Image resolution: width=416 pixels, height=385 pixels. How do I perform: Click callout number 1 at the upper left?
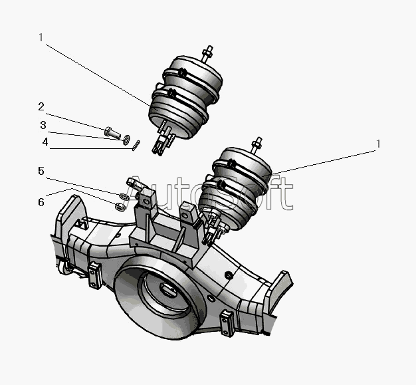(41, 38)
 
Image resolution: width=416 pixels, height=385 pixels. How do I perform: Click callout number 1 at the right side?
(378, 144)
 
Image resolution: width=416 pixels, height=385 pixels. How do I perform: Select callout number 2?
(41, 106)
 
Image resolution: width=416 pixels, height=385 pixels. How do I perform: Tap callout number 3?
(43, 125)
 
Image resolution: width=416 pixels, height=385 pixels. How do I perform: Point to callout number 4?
(45, 142)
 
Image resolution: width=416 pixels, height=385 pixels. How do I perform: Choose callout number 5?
(41, 172)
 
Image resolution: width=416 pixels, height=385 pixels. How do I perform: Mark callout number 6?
(41, 201)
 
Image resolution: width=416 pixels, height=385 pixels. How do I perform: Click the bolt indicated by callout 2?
(111, 130)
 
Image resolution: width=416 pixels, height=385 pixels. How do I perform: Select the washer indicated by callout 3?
(126, 138)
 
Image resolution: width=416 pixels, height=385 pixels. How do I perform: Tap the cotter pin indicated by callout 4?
(136, 145)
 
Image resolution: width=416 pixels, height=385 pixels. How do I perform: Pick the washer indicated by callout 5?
(124, 196)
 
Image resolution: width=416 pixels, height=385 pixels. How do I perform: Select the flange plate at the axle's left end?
(70, 217)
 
